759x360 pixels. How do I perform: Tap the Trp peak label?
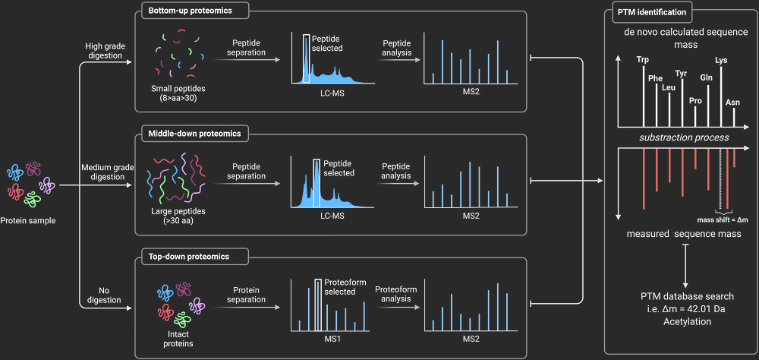click(643, 59)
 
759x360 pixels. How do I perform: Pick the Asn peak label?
click(732, 102)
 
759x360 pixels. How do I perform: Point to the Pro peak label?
click(695, 100)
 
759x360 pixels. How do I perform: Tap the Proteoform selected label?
click(345, 286)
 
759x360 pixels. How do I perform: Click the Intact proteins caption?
click(178, 338)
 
